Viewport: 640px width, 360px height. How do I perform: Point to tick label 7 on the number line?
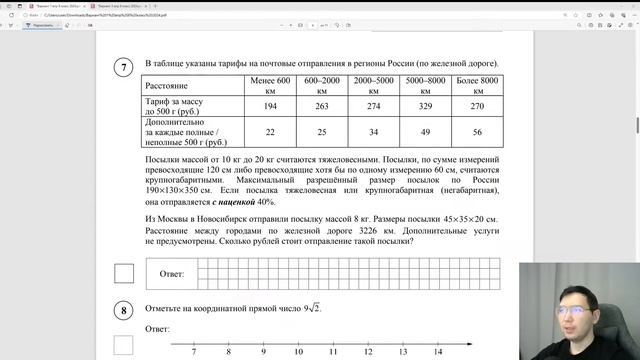point(192,353)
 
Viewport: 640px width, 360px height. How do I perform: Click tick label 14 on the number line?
point(438,353)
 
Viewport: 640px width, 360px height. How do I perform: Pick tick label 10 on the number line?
point(298,353)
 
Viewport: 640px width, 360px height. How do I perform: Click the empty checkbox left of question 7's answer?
point(124,272)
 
